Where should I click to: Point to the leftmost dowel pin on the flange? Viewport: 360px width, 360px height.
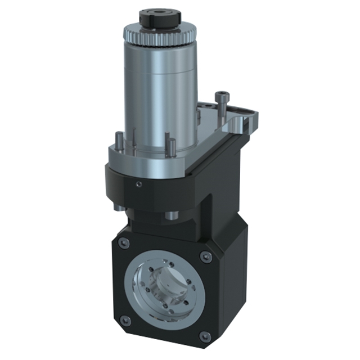(x=120, y=141)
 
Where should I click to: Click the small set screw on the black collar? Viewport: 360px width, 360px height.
(x=138, y=183)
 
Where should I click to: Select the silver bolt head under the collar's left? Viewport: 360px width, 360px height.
(x=118, y=206)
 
